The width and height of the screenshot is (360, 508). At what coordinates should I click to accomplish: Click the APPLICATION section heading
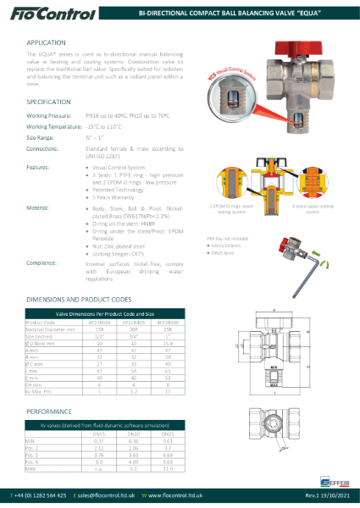(47, 41)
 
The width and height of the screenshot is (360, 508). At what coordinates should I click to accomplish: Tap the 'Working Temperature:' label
(58, 125)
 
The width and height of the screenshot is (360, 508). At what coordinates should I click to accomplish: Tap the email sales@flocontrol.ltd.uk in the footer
(114, 494)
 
